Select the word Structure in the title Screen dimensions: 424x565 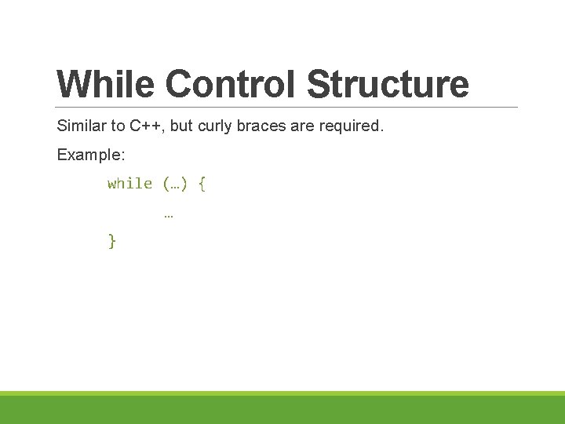point(388,84)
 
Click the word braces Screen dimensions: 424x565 point(260,126)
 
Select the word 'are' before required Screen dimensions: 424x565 point(302,126)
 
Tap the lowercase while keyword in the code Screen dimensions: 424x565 point(129,184)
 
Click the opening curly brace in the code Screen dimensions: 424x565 point(202,184)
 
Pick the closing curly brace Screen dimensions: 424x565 point(111,242)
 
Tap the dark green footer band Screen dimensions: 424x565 point(282,410)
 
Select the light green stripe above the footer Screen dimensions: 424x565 point(282,393)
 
